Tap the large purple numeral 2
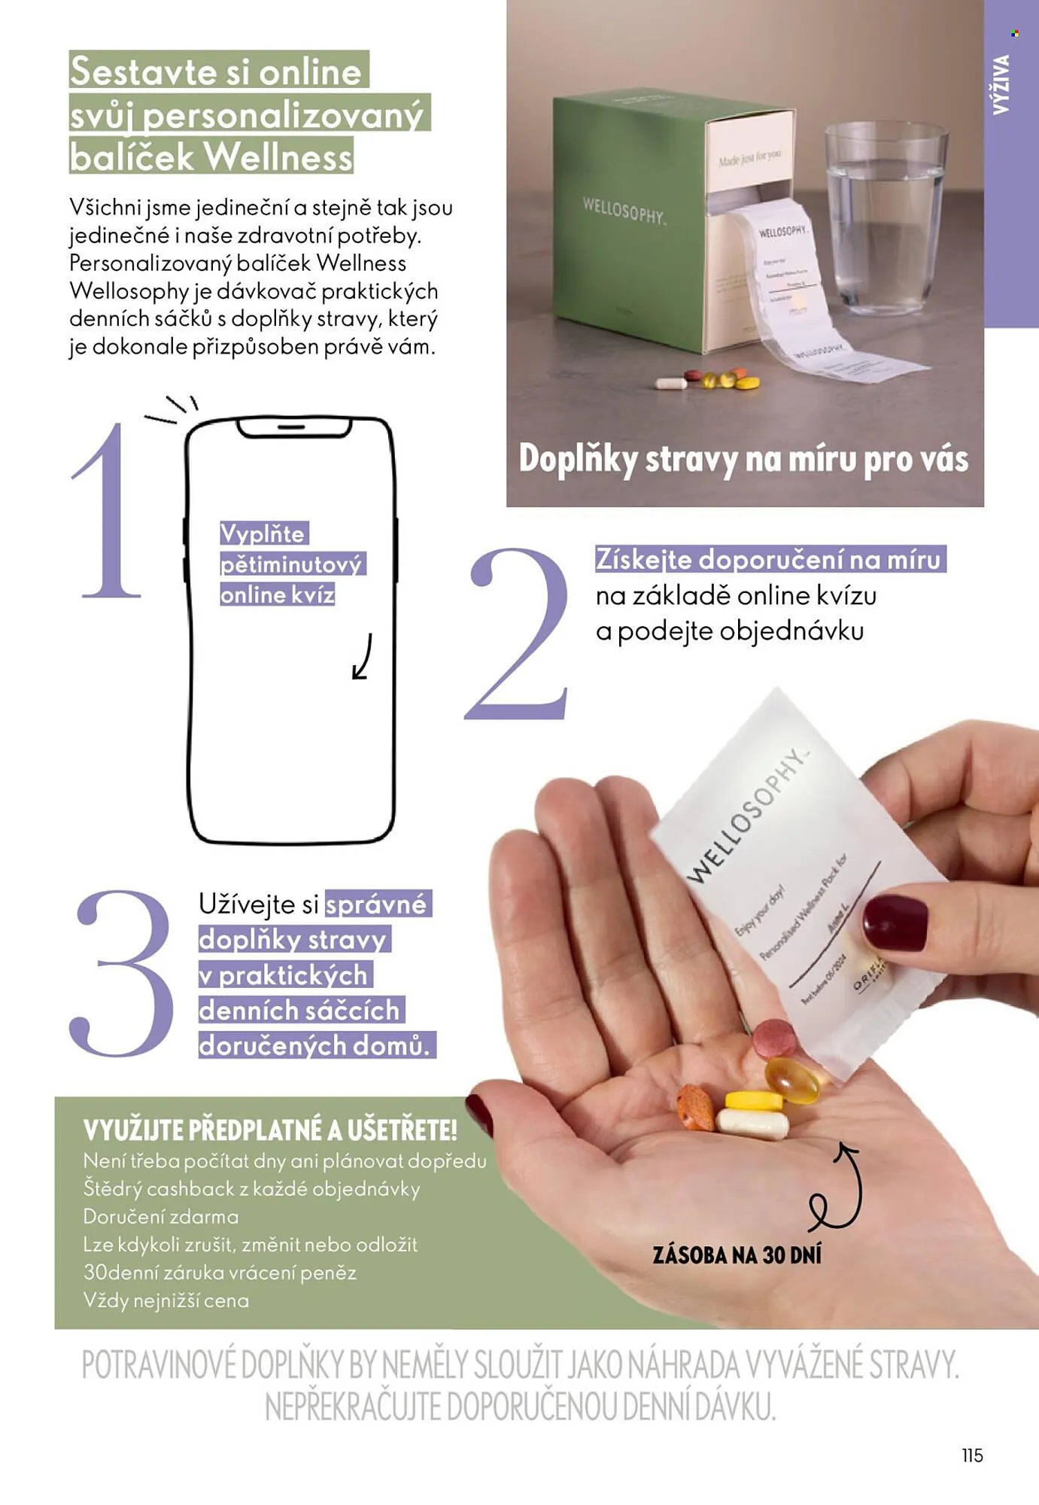(x=519, y=636)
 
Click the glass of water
(x=885, y=218)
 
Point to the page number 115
(x=972, y=1455)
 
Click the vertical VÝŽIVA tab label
(x=1001, y=84)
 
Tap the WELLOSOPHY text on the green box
(x=624, y=211)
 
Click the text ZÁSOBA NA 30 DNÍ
(x=737, y=1254)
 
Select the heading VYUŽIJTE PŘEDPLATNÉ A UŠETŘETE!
(x=270, y=1130)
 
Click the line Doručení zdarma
(x=161, y=1217)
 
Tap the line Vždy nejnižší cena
(x=166, y=1300)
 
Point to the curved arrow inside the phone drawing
(x=363, y=657)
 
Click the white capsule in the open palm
(x=752, y=1124)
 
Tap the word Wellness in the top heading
(x=278, y=157)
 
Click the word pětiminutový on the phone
(x=292, y=564)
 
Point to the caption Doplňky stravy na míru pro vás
(x=743, y=459)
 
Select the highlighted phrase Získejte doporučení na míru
(x=768, y=559)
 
